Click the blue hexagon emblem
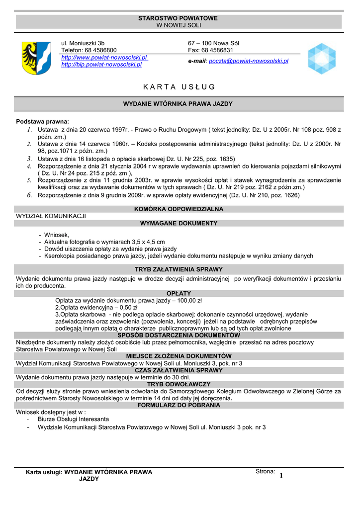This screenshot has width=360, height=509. coord(321,59)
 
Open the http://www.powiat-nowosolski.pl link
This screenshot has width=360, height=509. coord(104,58)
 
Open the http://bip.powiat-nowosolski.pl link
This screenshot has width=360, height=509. coord(101,64)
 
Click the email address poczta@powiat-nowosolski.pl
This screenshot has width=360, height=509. coord(248,61)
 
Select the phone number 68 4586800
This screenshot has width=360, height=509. coord(101,50)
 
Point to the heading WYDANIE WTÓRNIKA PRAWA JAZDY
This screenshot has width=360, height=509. coord(179,104)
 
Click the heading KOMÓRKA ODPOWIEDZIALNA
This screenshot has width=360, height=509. coord(179,209)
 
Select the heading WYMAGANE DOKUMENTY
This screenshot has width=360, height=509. coord(179,223)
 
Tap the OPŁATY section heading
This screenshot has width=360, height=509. coord(179,293)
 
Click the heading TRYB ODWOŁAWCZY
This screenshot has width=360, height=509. coord(179,384)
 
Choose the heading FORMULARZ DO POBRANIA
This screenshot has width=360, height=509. coord(179,405)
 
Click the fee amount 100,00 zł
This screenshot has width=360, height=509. coord(189,301)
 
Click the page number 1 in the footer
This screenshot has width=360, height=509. coord(281,476)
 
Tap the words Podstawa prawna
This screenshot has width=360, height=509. coord(43,121)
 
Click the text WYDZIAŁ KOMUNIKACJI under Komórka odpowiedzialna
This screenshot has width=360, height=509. coord(51,216)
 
